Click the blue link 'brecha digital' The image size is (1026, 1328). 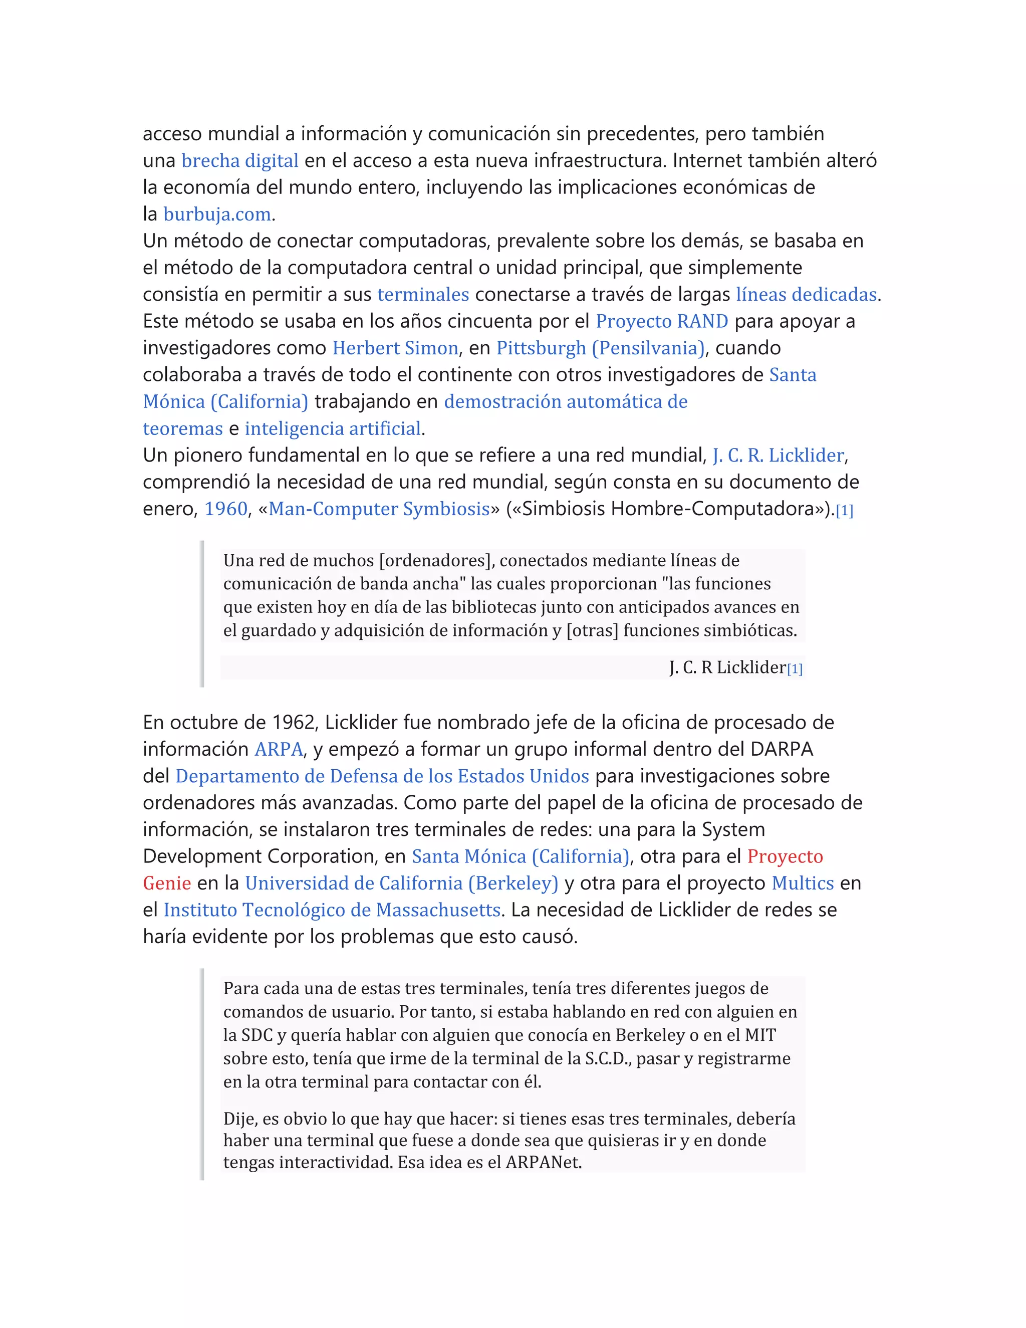(x=239, y=160)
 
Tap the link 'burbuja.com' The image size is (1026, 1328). (x=217, y=214)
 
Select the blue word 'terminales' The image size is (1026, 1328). (x=423, y=294)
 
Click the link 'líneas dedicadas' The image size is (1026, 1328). (x=806, y=294)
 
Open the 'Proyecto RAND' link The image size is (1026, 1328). (x=661, y=321)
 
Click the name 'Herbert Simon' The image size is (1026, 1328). (x=395, y=348)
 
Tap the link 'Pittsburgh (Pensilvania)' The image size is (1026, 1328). (x=600, y=348)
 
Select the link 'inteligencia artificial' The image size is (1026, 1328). (x=333, y=428)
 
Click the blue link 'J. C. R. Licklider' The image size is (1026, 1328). (x=778, y=456)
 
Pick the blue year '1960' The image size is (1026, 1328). (x=225, y=509)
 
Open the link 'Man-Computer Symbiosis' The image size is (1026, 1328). (x=379, y=509)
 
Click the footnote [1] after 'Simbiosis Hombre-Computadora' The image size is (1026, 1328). (x=844, y=511)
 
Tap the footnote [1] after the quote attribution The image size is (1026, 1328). (x=795, y=670)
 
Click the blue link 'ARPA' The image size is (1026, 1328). (x=279, y=749)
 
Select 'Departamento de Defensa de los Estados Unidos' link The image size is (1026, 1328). (x=382, y=776)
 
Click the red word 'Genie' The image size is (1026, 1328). (x=166, y=883)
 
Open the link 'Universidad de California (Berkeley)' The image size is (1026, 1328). (x=401, y=883)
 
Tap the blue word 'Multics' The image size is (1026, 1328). (x=803, y=883)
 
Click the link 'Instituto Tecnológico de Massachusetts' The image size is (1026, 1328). (x=332, y=910)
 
